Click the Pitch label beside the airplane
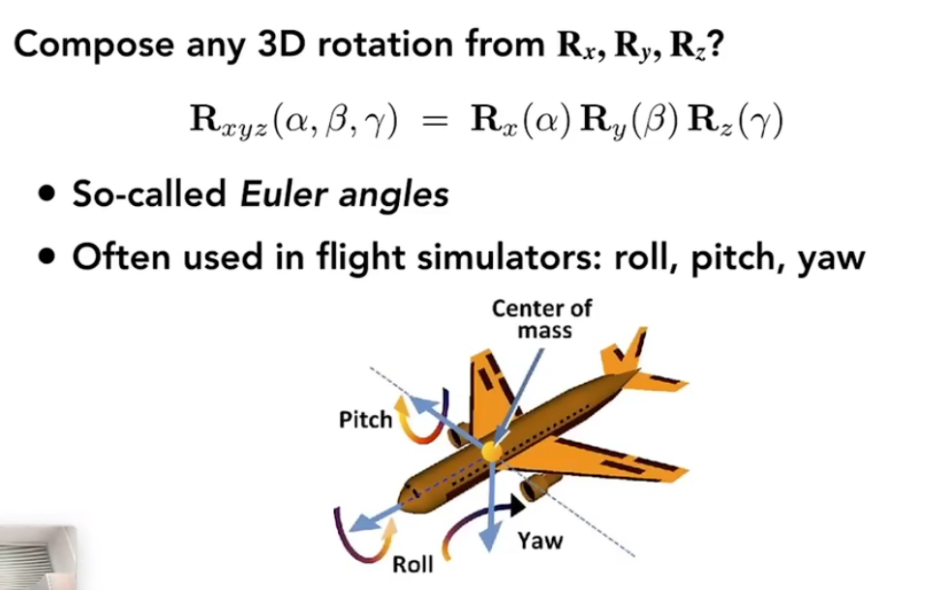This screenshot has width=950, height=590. click(365, 419)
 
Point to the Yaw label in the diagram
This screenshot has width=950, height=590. click(539, 540)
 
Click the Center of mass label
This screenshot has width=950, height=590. click(541, 319)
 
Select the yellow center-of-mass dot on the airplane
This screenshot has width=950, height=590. click(494, 451)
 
